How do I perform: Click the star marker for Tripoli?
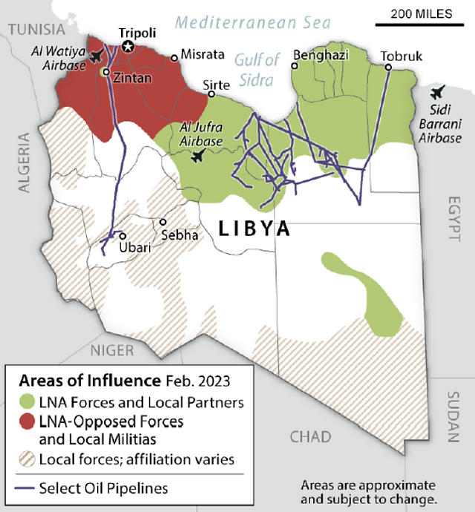coord(128,47)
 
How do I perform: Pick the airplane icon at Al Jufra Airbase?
coord(197,156)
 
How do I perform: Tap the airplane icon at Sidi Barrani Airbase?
coord(437,93)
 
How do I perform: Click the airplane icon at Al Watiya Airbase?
coord(96,57)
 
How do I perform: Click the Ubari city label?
coord(134,247)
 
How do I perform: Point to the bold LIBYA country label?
coord(254,229)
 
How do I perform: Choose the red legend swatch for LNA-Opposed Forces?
coord(26,421)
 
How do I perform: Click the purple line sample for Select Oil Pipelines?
coord(26,488)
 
